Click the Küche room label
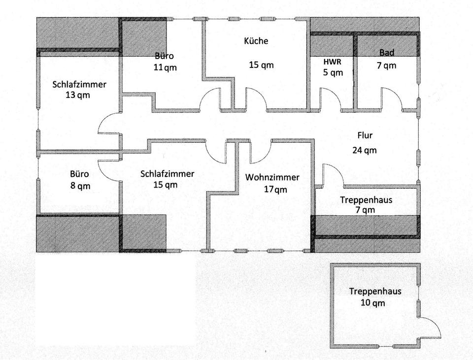[x=256, y=41]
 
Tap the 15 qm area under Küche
[x=261, y=65]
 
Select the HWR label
[x=332, y=62]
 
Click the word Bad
[x=387, y=53]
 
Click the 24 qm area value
[x=365, y=150]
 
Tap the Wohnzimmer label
[x=273, y=178]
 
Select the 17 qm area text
[x=273, y=189]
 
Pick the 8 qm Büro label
[x=79, y=180]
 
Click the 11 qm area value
[x=165, y=67]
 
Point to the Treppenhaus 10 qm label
[x=375, y=296]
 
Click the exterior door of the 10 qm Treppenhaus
[x=429, y=328]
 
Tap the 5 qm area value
[x=333, y=72]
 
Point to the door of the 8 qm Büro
[x=108, y=170]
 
